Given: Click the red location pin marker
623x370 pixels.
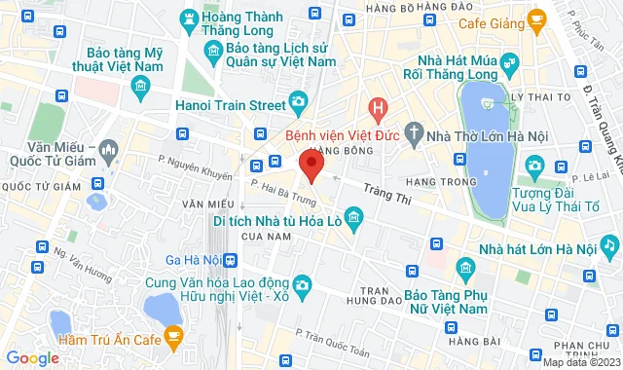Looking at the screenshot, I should (311, 165).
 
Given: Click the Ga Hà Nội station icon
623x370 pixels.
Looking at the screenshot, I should (230, 260).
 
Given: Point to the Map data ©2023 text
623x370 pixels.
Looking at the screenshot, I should (580, 363).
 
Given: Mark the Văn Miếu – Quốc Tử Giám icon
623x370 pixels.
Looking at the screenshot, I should (108, 151).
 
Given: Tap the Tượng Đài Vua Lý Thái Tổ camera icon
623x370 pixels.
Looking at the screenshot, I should (533, 167).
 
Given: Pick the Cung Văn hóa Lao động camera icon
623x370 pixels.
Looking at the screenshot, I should (304, 283).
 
